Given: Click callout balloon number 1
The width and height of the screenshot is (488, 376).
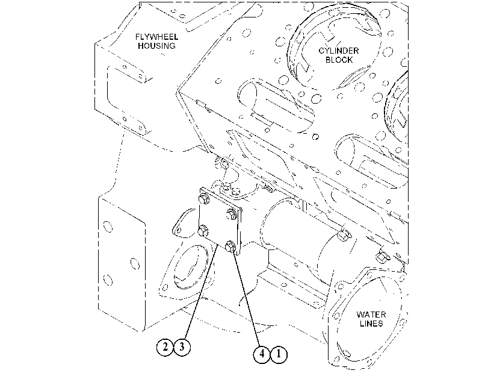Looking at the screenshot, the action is click(x=279, y=354).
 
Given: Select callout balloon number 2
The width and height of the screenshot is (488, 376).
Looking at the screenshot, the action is click(x=165, y=346).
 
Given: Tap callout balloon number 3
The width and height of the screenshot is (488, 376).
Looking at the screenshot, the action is click(x=182, y=346).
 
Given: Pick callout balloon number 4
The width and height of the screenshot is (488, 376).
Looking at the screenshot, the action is click(x=262, y=354).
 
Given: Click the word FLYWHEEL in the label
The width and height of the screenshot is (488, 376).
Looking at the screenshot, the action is click(x=156, y=37).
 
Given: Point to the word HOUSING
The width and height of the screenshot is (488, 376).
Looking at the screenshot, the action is click(x=156, y=46).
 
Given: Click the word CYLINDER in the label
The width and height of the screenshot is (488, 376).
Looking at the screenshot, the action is click(x=339, y=51).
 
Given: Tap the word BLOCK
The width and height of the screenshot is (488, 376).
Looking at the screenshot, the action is click(x=339, y=60).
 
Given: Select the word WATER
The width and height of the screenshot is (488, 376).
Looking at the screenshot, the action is click(x=371, y=315).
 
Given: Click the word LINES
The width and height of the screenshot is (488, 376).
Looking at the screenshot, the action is click(x=371, y=324).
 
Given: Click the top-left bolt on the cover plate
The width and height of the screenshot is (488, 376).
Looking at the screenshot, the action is click(x=204, y=198).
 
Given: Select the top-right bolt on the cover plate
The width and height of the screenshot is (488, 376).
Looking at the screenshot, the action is click(x=231, y=214).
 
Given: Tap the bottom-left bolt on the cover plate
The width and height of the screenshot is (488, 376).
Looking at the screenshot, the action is click(x=203, y=231).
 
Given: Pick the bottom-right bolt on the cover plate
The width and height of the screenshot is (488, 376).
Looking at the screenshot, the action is click(x=230, y=246).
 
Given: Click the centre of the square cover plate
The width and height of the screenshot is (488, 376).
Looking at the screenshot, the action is click(x=220, y=222).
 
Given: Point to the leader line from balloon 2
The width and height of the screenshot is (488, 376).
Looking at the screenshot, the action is click(x=201, y=292).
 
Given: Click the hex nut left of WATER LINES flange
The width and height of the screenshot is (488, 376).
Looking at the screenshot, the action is click(x=382, y=256).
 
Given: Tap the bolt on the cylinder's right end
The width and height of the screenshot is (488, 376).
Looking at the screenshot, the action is click(x=343, y=235).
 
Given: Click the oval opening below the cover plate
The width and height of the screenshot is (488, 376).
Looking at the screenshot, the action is click(x=191, y=267).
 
